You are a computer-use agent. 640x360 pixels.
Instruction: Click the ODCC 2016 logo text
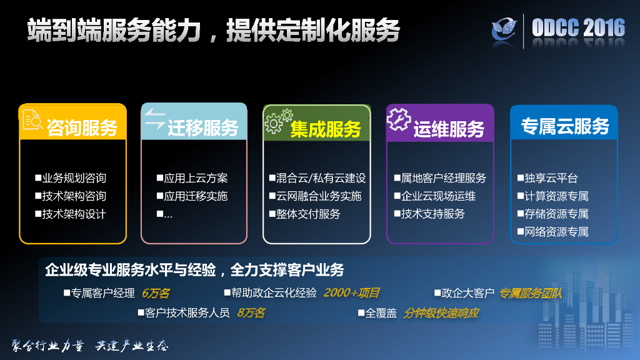click(578, 27)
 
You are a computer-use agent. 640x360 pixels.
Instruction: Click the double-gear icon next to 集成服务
click(277, 120)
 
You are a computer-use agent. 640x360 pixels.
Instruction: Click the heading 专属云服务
click(564, 126)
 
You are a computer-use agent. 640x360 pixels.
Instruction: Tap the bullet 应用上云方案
click(192, 178)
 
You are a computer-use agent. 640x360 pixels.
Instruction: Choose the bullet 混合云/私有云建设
click(317, 178)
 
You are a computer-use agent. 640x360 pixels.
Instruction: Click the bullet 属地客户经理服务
click(440, 178)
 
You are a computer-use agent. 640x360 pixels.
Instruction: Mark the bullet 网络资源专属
click(552, 232)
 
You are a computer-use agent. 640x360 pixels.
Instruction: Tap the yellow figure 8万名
click(251, 312)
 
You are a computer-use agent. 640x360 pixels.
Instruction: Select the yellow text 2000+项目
click(351, 292)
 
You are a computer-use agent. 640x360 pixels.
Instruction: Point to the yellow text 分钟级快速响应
click(441, 312)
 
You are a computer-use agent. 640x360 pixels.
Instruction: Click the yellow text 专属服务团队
click(531, 292)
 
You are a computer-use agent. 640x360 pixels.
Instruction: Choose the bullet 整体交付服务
click(304, 214)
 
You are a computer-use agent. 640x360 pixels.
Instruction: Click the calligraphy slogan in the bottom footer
click(91, 346)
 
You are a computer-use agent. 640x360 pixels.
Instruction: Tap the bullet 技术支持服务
click(429, 214)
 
